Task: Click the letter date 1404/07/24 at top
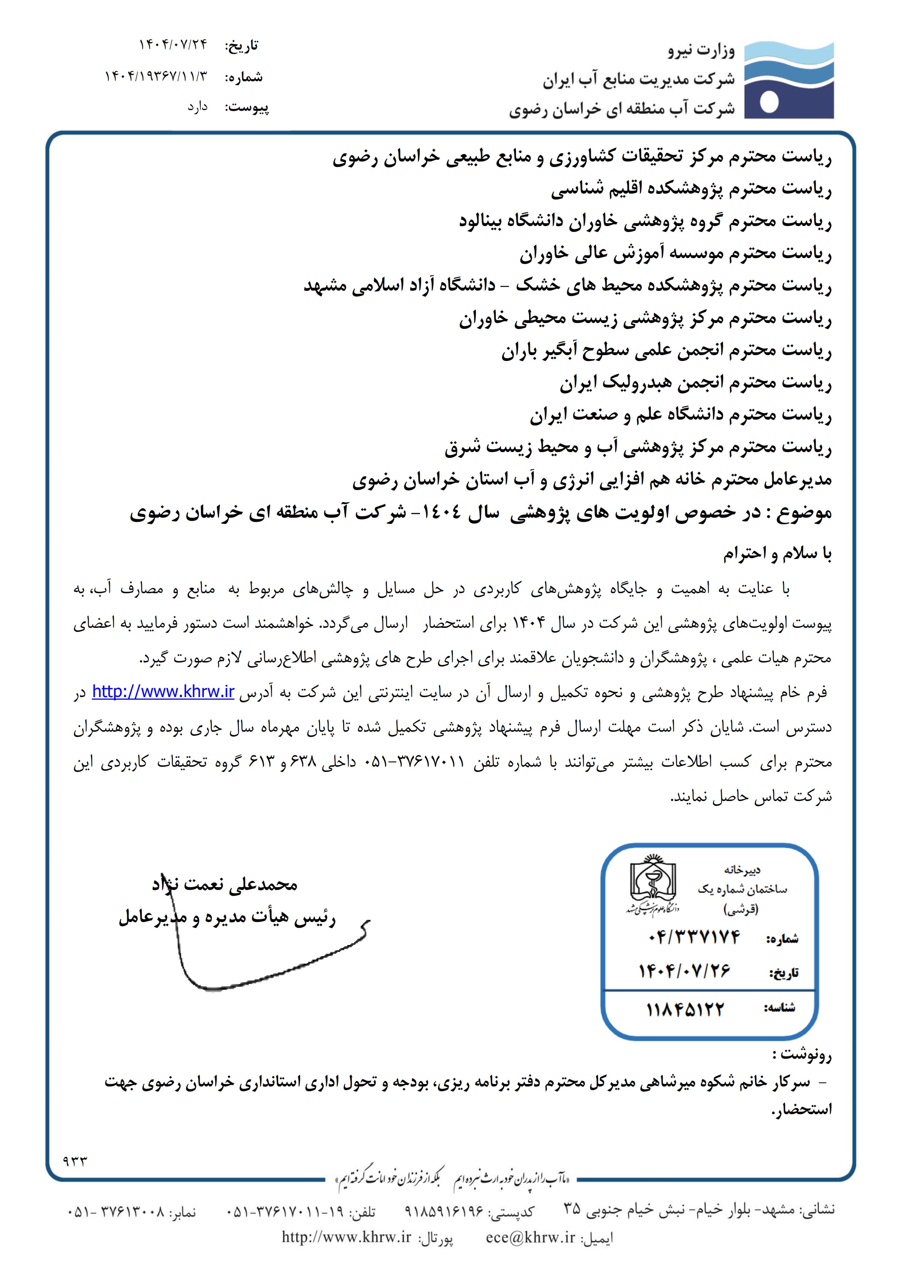click(172, 44)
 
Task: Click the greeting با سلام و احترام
click(777, 554)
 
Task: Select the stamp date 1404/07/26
click(684, 971)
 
